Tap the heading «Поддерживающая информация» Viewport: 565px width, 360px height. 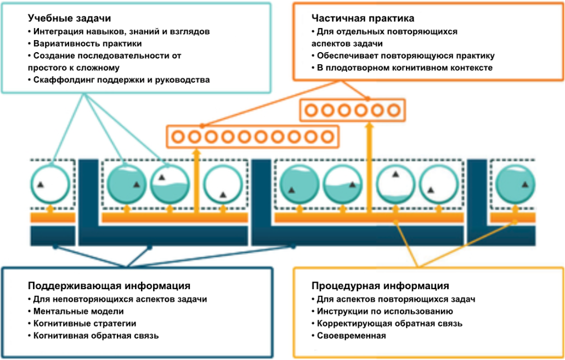(x=109, y=286)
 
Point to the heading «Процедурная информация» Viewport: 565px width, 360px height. (x=380, y=286)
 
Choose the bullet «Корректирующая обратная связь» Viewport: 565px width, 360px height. (x=389, y=323)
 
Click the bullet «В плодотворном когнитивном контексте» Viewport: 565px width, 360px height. (x=404, y=67)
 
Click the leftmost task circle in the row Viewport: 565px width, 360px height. (x=50, y=184)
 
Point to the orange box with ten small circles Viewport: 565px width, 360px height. (x=252, y=136)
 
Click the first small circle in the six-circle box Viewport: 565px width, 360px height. (x=311, y=110)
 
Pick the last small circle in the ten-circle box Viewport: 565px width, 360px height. (x=327, y=136)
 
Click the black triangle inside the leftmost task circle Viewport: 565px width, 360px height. (x=40, y=185)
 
